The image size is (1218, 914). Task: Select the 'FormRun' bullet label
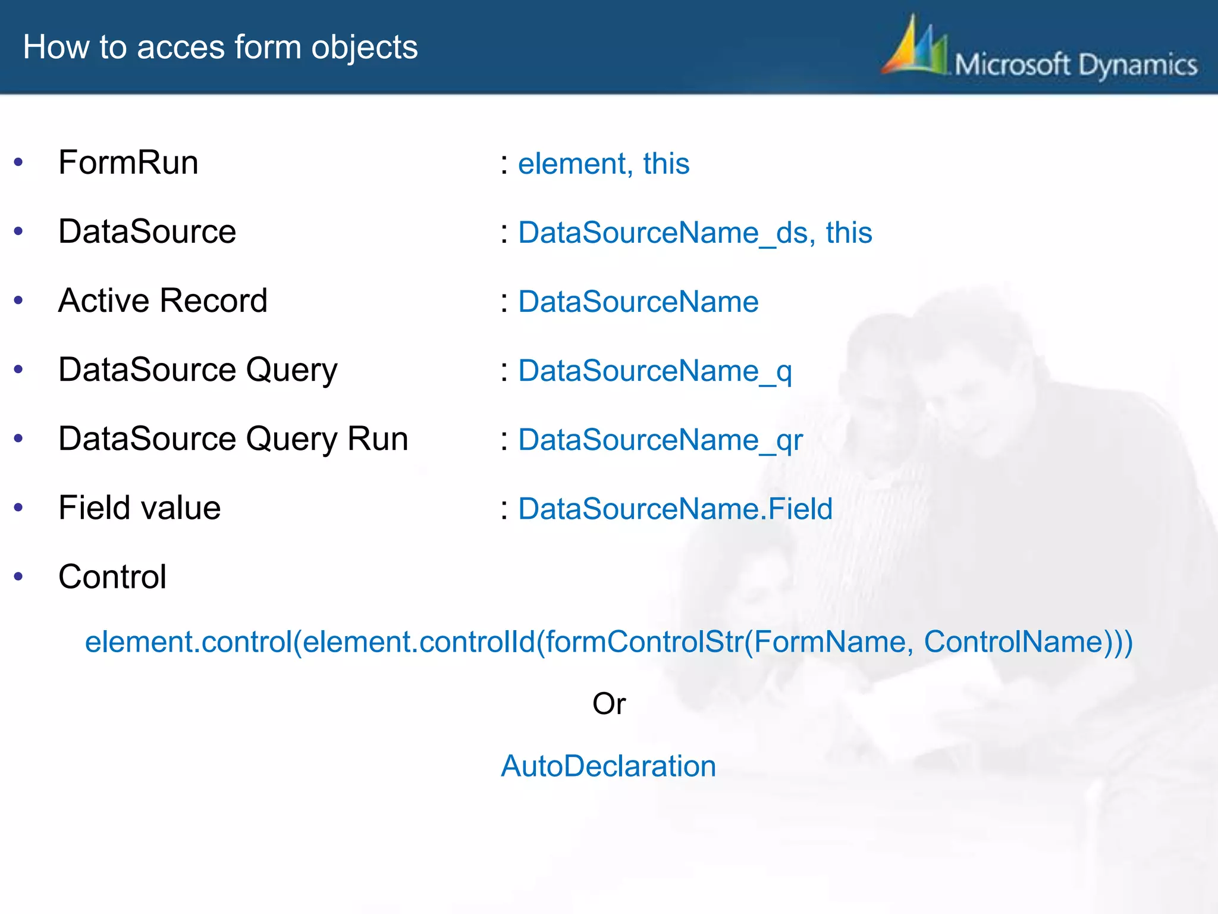tap(128, 162)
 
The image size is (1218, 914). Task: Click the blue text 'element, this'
tap(604, 164)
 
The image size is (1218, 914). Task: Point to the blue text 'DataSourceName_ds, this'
tap(695, 233)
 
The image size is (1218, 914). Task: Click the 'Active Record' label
tap(163, 301)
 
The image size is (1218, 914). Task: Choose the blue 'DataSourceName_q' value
tap(655, 371)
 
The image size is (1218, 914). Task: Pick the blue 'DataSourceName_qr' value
tap(660, 440)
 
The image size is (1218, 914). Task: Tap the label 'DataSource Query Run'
tap(233, 439)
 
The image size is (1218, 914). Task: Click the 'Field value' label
tap(140, 508)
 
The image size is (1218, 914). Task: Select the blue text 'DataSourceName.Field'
tap(675, 509)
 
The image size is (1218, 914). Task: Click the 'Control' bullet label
tap(112, 577)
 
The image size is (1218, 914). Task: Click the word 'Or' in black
tap(608, 704)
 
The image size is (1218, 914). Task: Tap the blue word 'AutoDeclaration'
tap(608, 766)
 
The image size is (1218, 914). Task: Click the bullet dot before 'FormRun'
tap(18, 162)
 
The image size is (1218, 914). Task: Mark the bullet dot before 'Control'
tap(18, 576)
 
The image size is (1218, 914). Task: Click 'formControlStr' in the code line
tap(644, 642)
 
